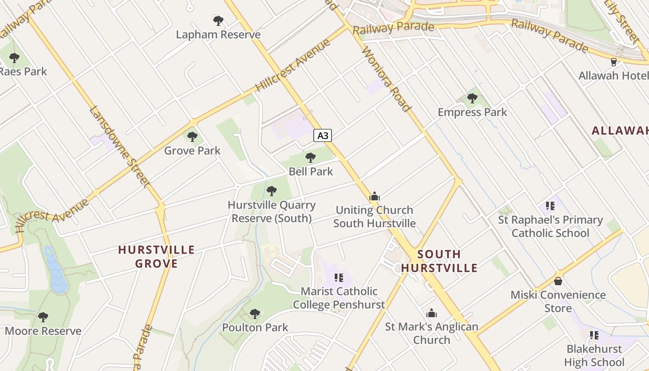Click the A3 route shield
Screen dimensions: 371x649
coord(323,135)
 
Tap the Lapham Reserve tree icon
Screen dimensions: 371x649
coord(218,20)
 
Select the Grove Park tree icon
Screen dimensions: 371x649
coord(192,137)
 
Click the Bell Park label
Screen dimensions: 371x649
coord(311,171)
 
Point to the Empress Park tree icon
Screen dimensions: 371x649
coord(472,98)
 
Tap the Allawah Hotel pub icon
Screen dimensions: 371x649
coord(614,62)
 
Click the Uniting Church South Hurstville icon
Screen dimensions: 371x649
coord(375,196)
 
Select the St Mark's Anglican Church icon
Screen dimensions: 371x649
coord(432,313)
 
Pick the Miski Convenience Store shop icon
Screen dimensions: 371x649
coord(558,281)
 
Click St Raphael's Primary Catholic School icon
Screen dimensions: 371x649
coord(550,205)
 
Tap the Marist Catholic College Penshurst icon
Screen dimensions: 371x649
coord(339,278)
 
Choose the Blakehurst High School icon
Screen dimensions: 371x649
coord(594,335)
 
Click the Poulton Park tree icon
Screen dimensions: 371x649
coord(255,314)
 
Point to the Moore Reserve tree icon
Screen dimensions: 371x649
coord(43,317)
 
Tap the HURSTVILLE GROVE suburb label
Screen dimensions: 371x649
coord(156,257)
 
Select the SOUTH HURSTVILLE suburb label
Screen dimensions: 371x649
coord(439,261)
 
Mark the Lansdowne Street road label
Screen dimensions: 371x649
coord(119,147)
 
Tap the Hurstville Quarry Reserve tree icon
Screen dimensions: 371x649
coord(272,191)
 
